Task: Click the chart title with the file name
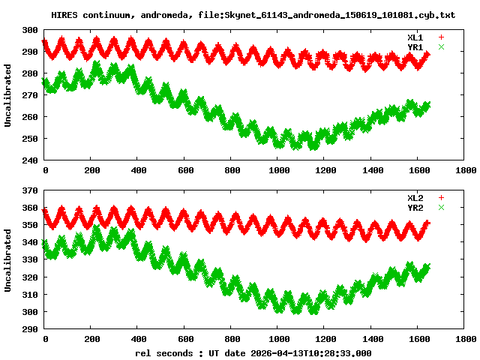(x=253, y=15)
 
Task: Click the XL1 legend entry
(x=415, y=37)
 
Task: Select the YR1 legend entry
(x=415, y=46)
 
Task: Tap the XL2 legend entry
(x=415, y=197)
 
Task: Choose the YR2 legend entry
(x=415, y=207)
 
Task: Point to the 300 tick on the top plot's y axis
(x=30, y=30)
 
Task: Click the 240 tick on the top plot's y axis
(x=30, y=160)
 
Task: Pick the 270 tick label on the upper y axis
(x=30, y=95)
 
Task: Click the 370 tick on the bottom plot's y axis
(x=30, y=190)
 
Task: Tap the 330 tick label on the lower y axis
(x=30, y=259)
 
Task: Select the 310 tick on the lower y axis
(x=30, y=294)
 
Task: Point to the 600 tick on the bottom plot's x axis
(x=185, y=339)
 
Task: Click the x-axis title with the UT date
(x=253, y=352)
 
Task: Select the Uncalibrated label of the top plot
(x=8, y=95)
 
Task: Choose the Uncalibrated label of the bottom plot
(x=8, y=259)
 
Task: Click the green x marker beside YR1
(x=441, y=46)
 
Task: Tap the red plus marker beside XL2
(x=441, y=197)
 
